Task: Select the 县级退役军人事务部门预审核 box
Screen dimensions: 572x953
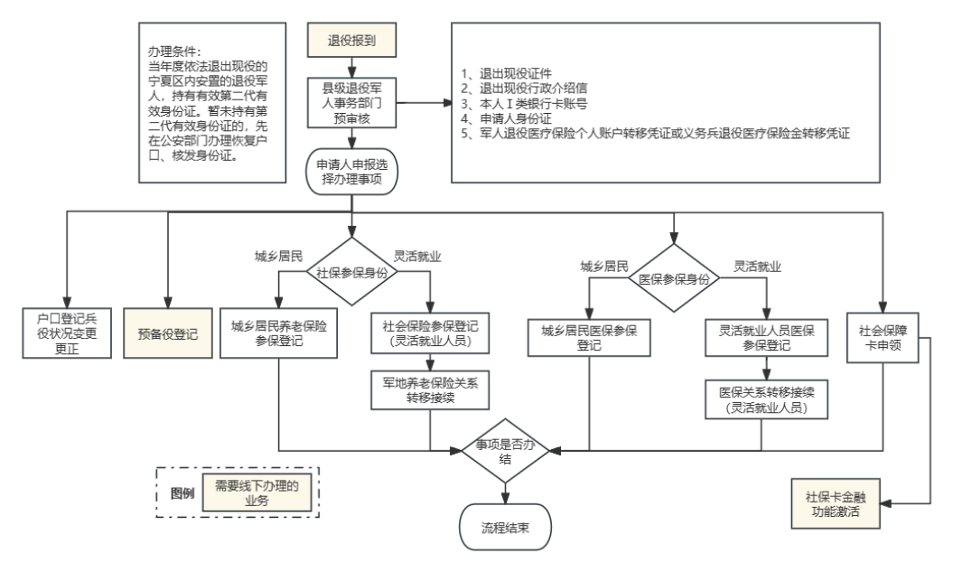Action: click(350, 102)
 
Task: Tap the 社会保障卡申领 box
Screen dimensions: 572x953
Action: click(883, 334)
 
